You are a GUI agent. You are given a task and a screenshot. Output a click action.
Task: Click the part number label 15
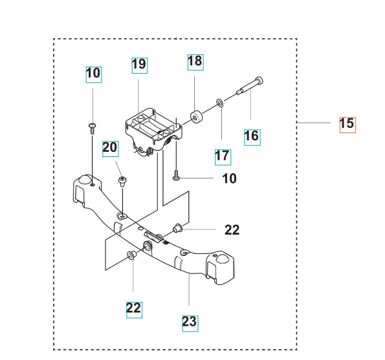347,123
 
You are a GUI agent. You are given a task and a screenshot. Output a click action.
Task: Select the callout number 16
251,136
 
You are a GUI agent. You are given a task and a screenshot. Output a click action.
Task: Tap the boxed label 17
223,156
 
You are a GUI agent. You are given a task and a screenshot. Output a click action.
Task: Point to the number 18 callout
195,62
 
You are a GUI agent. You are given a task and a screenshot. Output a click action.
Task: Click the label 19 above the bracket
139,65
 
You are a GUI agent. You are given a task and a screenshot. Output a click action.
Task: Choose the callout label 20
111,148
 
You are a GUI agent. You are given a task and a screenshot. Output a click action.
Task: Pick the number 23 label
189,321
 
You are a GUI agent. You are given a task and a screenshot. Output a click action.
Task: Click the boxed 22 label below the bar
133,308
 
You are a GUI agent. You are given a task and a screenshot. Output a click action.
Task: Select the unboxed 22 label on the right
232,229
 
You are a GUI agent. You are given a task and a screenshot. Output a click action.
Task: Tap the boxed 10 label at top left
93,74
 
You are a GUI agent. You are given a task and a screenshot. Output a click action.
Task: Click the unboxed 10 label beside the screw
230,178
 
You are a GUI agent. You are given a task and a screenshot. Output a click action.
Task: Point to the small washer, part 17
220,102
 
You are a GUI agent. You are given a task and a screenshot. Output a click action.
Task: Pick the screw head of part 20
121,178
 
